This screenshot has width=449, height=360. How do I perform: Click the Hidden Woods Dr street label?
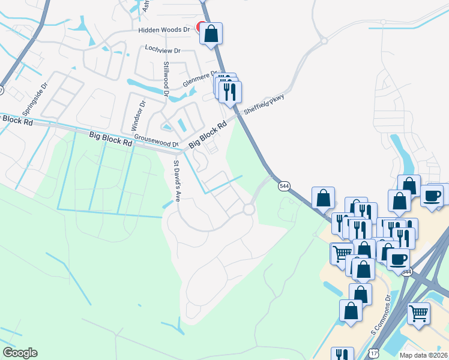(164, 29)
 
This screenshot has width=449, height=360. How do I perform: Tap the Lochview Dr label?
(163, 48)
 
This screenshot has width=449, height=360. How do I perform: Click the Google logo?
(20, 353)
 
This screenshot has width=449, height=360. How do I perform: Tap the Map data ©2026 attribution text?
(423, 355)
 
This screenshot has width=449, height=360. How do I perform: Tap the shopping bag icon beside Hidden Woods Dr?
(211, 34)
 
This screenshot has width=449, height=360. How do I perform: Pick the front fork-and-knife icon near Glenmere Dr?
(231, 92)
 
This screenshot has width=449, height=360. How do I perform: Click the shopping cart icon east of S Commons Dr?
(419, 313)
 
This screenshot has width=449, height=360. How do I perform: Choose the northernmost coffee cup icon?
(432, 196)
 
